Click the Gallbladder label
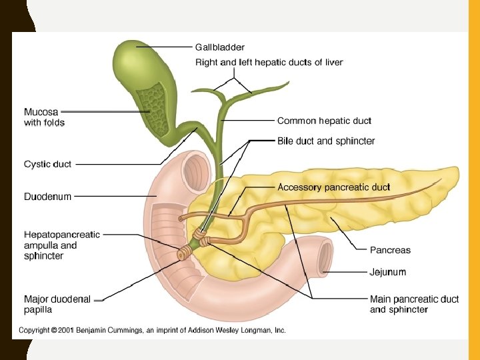pos(219,47)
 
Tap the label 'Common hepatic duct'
pos(324,121)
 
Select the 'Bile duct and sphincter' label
pos(326,141)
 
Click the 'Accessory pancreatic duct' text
pos(333,187)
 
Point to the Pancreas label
pos(390,250)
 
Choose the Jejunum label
pos(388,272)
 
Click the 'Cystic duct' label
pos(47,164)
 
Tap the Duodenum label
pos(47,197)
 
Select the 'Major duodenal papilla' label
pos(57,304)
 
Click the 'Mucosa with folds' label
pos(44,117)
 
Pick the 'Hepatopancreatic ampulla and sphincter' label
pos(61,245)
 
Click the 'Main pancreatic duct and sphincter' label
pos(414,304)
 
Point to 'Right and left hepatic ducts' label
pos(269,63)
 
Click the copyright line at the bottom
pos(152,331)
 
